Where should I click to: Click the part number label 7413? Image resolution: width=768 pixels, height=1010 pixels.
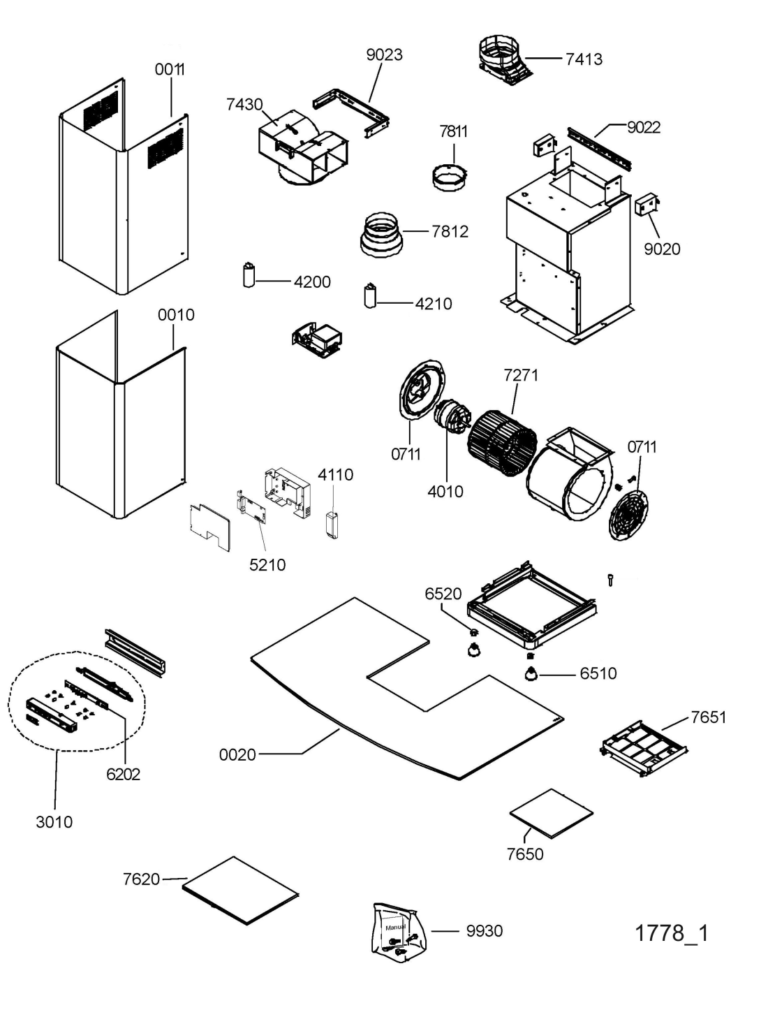[x=584, y=59]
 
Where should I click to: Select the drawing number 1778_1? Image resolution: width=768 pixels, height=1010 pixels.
[x=672, y=933]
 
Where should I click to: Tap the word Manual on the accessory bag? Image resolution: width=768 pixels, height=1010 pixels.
[x=395, y=928]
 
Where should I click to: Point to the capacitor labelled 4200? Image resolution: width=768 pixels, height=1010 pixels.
[x=249, y=275]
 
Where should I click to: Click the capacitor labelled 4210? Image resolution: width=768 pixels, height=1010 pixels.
[x=370, y=295]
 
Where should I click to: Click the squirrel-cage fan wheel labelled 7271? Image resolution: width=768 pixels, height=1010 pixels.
[x=502, y=443]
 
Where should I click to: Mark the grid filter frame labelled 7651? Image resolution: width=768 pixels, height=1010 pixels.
[x=643, y=748]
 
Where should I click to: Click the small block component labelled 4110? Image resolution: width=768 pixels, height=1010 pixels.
[x=332, y=524]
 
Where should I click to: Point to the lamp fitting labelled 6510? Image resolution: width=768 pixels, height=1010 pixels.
[x=531, y=674]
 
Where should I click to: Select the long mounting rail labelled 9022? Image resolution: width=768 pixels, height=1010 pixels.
[x=598, y=148]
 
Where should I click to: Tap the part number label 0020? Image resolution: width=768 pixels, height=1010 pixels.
[x=237, y=755]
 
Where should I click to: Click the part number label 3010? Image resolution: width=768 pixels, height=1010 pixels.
[x=54, y=821]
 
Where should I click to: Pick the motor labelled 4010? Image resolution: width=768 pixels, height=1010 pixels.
[x=452, y=416]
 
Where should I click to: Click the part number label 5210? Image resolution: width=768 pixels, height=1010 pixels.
[x=267, y=564]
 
